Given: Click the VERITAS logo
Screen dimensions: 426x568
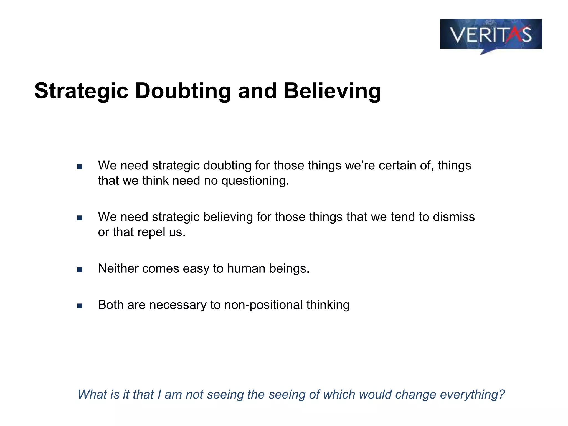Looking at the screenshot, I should point(491,34).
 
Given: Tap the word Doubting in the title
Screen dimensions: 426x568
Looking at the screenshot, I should point(183,91).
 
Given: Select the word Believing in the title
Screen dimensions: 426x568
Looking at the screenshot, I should point(332,91).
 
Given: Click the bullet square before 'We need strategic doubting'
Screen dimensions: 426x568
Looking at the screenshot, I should point(80,167).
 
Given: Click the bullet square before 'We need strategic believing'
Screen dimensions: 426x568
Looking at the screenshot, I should point(80,218).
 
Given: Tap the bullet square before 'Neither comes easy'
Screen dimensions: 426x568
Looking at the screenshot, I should point(80,270).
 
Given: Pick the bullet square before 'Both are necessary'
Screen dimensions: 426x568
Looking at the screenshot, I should point(80,306).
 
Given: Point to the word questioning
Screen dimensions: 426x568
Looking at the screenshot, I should point(255,181).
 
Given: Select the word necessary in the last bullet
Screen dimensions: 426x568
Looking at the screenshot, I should point(177,305).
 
